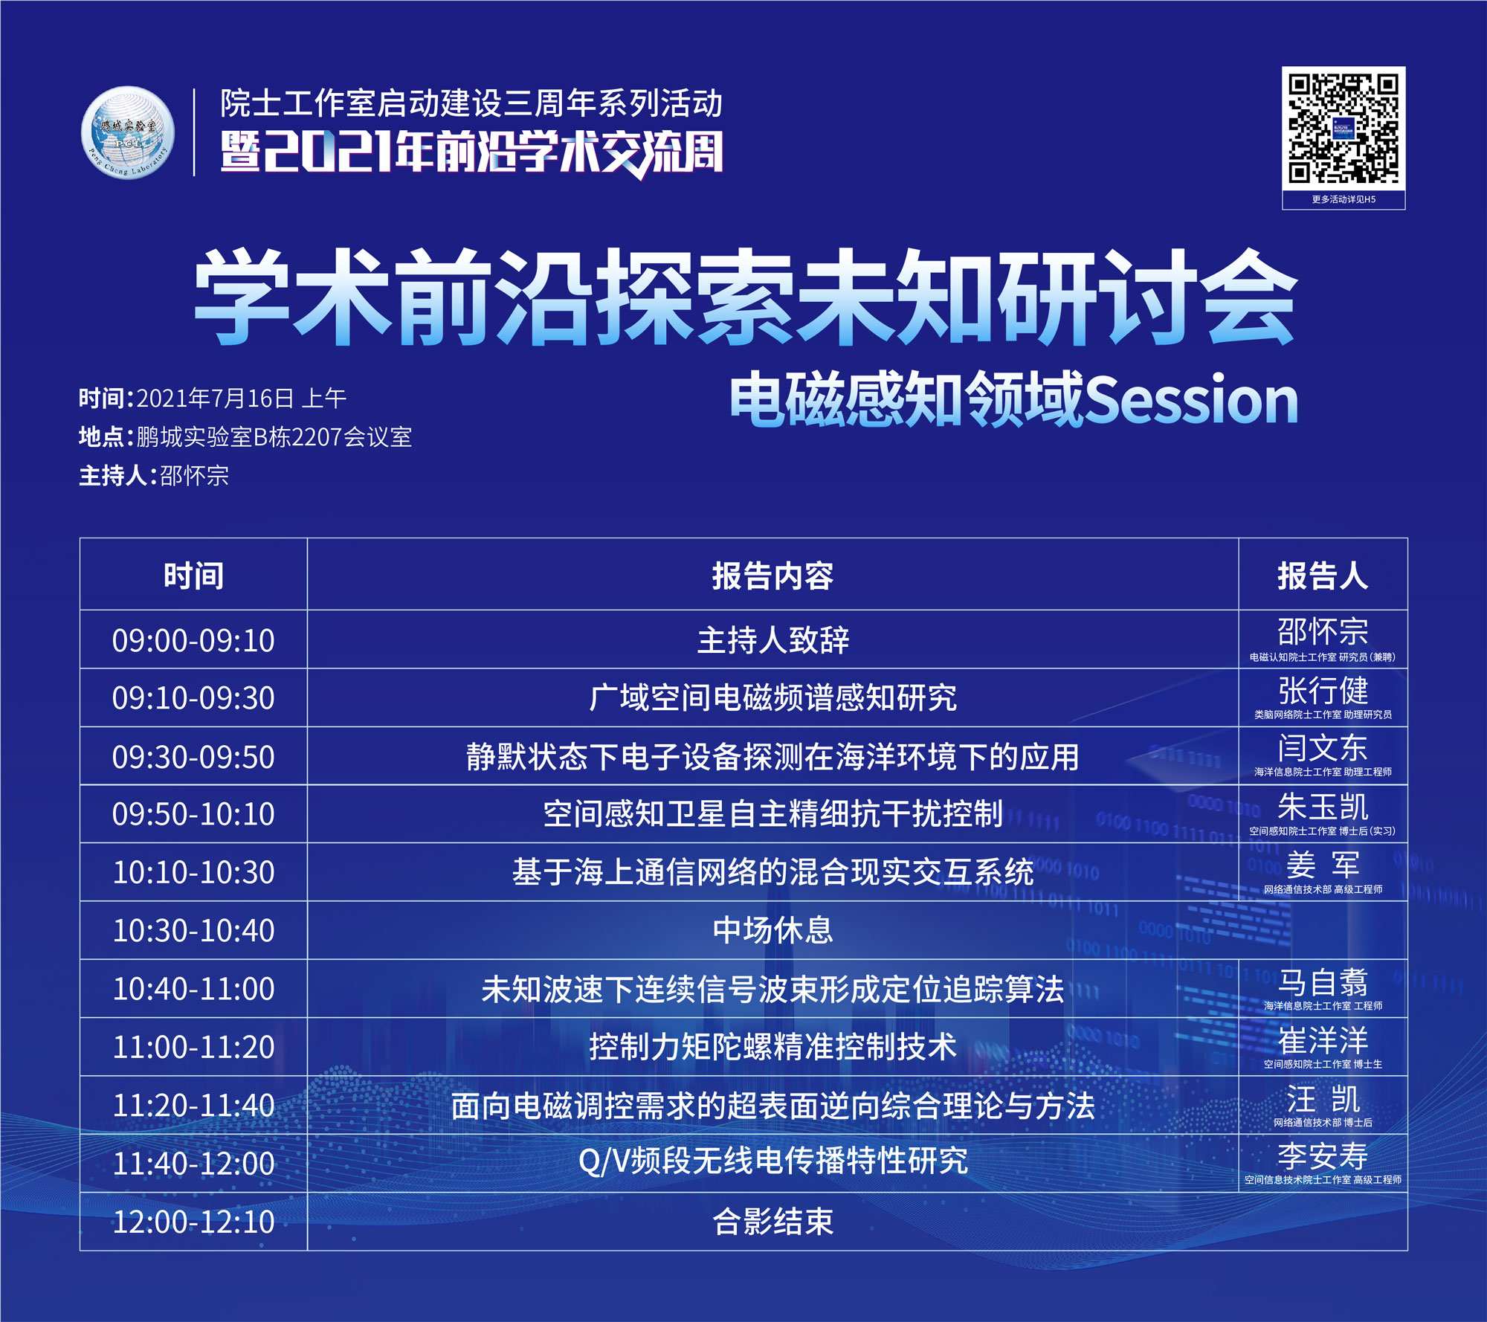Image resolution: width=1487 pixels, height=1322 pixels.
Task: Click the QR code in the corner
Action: [1344, 129]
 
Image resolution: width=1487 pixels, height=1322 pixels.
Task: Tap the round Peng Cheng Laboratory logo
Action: [128, 133]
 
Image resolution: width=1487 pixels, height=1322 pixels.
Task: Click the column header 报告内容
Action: [772, 576]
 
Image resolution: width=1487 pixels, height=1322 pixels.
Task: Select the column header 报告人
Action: [1323, 576]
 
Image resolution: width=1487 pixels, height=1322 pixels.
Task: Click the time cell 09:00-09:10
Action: [193, 640]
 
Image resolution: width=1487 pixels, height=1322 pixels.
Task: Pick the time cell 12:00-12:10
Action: [193, 1222]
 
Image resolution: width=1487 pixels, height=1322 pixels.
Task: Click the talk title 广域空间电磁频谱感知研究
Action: [772, 697]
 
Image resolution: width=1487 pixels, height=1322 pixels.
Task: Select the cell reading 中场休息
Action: [772, 930]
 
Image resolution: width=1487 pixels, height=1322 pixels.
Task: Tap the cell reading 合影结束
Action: [772, 1222]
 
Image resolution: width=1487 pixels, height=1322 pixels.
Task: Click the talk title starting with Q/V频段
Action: [772, 1161]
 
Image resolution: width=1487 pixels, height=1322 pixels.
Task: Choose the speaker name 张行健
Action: [1323, 690]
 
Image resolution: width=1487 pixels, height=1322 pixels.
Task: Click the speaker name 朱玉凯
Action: [1323, 807]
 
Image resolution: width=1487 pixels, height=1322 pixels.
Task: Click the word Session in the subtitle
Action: [1191, 400]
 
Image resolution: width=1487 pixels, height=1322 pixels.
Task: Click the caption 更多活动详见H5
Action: [1344, 199]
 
